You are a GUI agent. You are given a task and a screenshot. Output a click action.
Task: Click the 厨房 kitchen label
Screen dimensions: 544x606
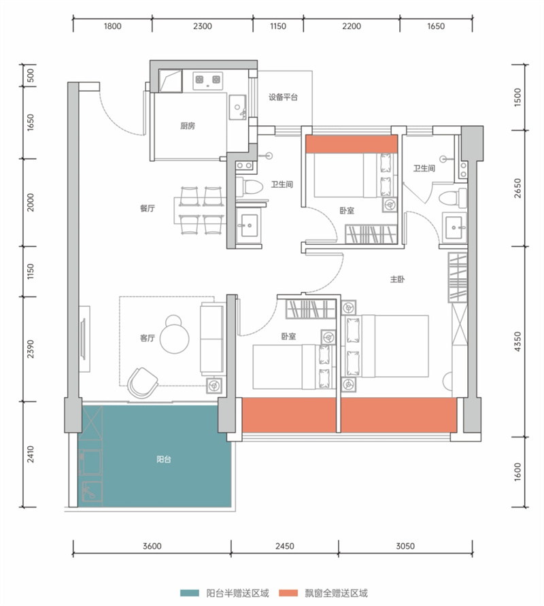(x=188, y=126)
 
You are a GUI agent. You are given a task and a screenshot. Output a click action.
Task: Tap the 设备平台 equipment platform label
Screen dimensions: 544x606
(x=283, y=97)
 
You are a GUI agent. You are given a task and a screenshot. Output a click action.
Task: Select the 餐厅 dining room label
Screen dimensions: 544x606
(x=147, y=208)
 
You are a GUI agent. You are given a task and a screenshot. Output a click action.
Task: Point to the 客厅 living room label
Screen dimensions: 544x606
(x=147, y=338)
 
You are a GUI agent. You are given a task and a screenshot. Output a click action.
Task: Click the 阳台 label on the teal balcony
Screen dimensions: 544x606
(x=164, y=459)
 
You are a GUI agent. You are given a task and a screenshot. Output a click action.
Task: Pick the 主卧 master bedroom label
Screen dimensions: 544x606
(x=397, y=279)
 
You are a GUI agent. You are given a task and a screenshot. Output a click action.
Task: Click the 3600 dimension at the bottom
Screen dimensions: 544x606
(x=152, y=546)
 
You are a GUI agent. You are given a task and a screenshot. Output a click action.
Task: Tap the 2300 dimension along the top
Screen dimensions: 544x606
(x=203, y=27)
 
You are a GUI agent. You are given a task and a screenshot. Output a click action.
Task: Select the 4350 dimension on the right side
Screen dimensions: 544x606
(x=517, y=341)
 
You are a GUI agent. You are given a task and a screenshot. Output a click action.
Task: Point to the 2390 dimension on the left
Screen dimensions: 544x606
(x=31, y=349)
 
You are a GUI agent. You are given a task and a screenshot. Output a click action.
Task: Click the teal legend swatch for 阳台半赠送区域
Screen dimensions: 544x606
(x=190, y=593)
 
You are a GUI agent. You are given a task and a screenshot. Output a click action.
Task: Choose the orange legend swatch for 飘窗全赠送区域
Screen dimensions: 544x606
(x=288, y=593)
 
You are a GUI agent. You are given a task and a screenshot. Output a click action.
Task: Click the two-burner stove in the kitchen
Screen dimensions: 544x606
(x=208, y=80)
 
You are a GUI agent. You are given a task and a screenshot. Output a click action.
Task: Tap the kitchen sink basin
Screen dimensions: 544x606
(x=237, y=107)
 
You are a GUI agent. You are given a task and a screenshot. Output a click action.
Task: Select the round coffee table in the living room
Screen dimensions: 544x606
(x=174, y=335)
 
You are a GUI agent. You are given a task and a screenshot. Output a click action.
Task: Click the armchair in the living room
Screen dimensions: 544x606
(x=142, y=383)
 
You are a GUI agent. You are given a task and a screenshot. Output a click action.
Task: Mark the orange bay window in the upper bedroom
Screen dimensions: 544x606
(x=352, y=144)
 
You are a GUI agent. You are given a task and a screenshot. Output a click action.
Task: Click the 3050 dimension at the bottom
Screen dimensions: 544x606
(x=405, y=546)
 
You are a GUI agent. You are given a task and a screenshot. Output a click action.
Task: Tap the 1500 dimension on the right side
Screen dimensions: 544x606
(x=517, y=97)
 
